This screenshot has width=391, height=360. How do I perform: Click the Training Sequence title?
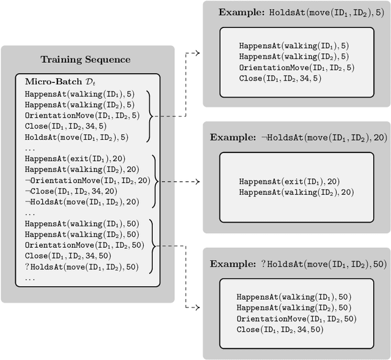(85, 60)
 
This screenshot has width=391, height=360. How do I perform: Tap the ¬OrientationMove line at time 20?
(87, 180)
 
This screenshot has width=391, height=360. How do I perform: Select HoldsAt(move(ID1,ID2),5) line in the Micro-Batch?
(76, 137)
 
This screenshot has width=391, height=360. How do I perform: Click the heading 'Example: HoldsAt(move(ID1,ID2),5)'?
(297, 12)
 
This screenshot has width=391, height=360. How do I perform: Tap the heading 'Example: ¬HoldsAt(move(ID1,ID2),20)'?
(298, 138)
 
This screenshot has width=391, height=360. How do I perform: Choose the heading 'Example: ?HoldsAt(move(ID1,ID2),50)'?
(298, 264)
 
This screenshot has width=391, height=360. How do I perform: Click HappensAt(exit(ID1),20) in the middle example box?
(289, 182)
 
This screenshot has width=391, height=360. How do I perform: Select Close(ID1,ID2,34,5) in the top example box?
(279, 78)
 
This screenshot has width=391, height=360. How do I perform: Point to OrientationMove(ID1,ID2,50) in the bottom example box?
(296, 319)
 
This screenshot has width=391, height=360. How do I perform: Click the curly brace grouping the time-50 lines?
(152, 245)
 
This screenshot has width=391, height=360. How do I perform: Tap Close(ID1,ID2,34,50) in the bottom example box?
(279, 330)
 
